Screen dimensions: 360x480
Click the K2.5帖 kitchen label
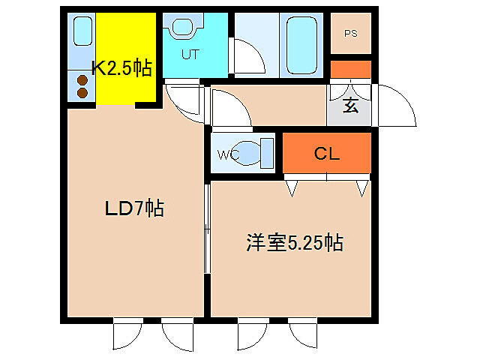click(x=121, y=68)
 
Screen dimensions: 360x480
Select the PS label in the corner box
click(x=350, y=33)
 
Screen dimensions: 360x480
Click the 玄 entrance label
click(x=350, y=105)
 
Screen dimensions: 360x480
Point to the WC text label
click(x=228, y=155)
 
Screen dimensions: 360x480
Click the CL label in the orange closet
click(x=327, y=154)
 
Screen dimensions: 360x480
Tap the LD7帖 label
click(x=133, y=208)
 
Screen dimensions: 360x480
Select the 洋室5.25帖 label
click(x=294, y=242)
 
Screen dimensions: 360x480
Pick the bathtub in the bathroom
click(x=302, y=44)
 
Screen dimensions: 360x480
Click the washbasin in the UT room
click(x=182, y=28)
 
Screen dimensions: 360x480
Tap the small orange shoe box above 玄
click(x=350, y=69)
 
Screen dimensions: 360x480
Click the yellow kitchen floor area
click(x=124, y=45)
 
